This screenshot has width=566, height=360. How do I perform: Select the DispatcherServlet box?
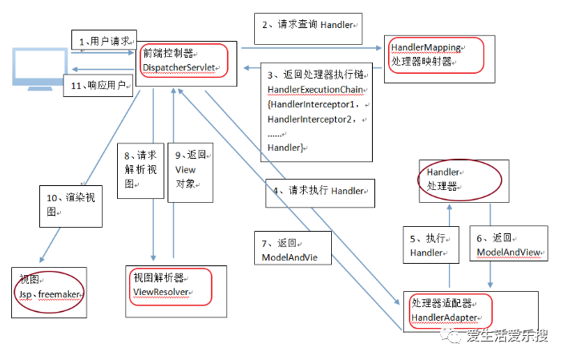pyautogui.click(x=183, y=60)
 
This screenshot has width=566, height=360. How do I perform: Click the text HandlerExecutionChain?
pyautogui.click(x=317, y=88)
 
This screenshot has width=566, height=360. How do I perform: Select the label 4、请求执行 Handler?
pyautogui.click(x=320, y=192)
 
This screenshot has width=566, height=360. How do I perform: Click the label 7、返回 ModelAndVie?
pyautogui.click(x=289, y=250)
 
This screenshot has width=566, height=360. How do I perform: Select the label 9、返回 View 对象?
pyautogui.click(x=190, y=170)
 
